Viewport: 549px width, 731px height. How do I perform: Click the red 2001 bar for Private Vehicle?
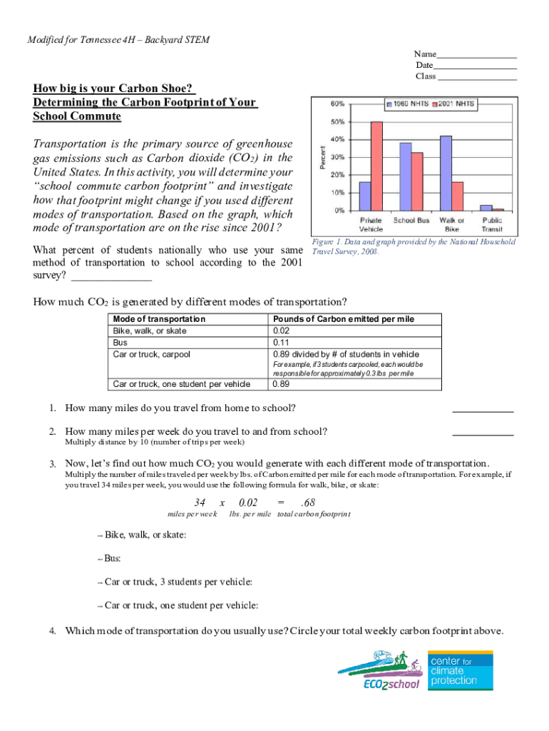tap(376, 166)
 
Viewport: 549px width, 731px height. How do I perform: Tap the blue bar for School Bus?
tap(405, 176)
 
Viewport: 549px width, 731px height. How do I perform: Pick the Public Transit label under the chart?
tap(492, 225)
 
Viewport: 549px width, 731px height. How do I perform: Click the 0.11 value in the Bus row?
tap(281, 343)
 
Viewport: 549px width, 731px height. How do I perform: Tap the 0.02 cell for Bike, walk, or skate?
tap(281, 331)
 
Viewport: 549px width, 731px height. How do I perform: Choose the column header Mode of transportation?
tap(159, 319)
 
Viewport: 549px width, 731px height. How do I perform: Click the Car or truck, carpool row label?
tap(152, 354)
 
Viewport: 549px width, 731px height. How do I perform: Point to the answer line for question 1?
tap(483, 410)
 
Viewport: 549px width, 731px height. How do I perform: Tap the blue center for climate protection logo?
tap(460, 670)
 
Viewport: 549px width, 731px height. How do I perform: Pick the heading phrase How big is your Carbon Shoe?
tap(113, 89)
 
